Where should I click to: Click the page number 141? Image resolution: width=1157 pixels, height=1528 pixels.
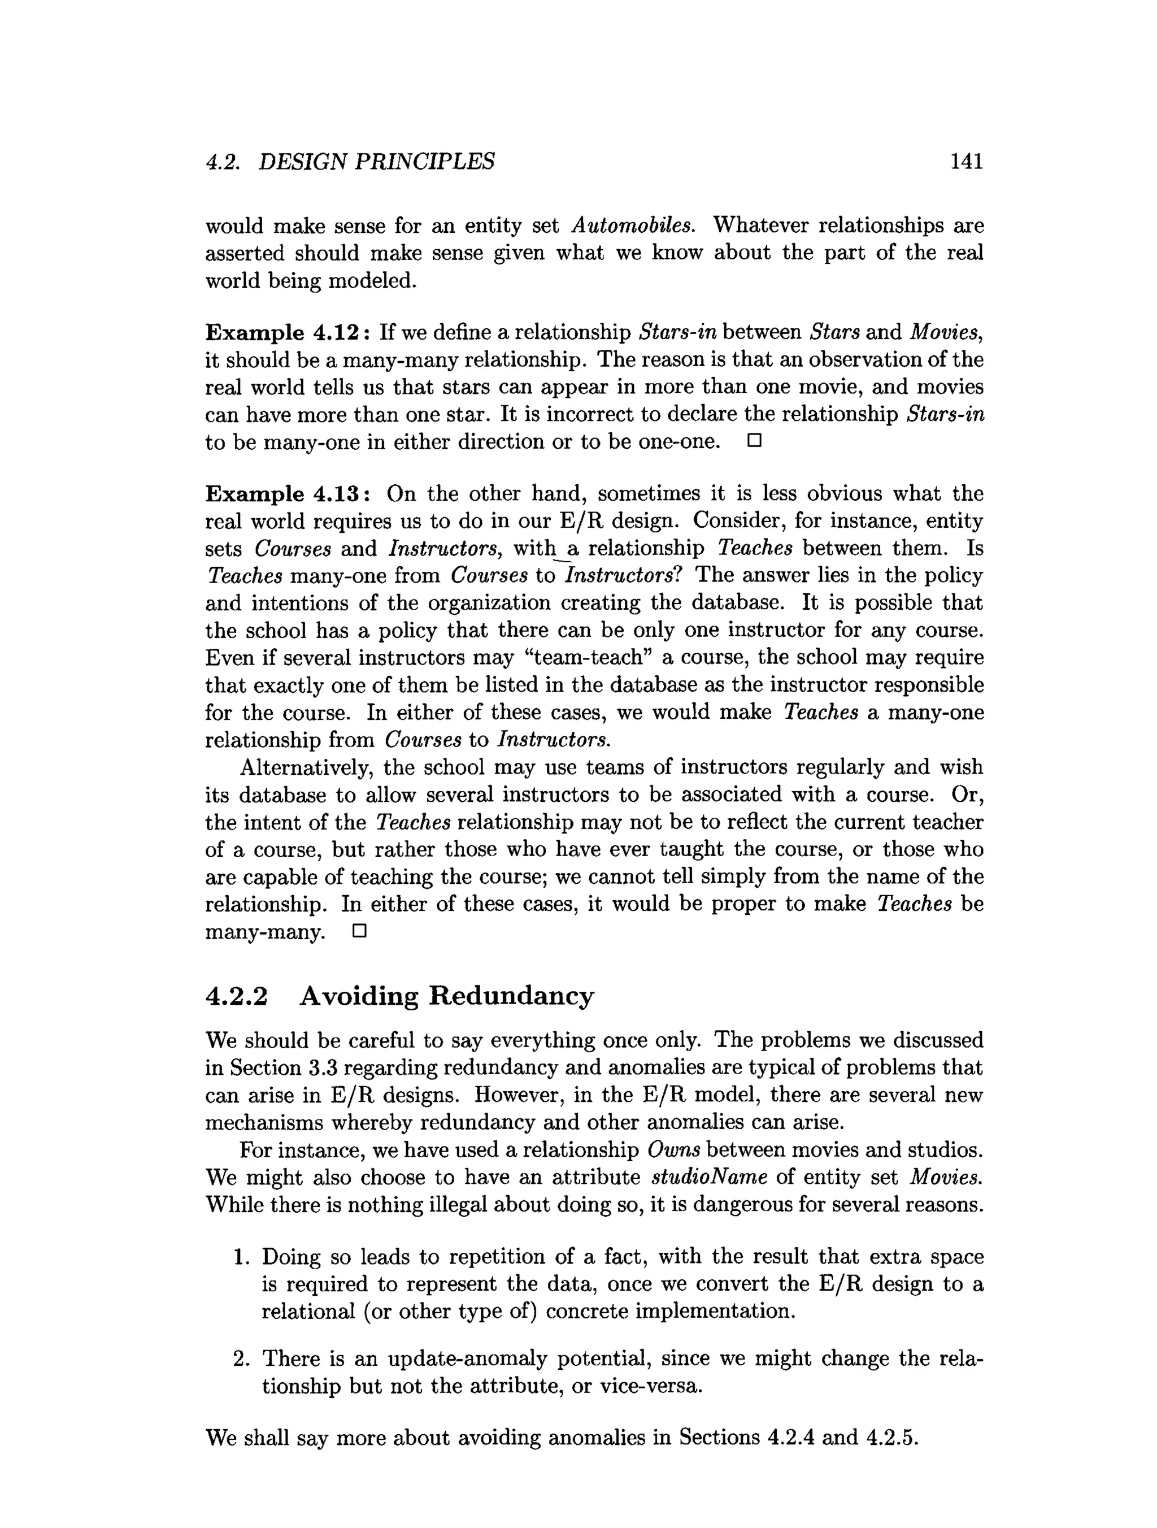pos(965,161)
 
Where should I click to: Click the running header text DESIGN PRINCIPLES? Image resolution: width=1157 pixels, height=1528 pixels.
pos(376,161)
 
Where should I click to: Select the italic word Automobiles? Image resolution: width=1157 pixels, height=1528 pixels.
pos(633,225)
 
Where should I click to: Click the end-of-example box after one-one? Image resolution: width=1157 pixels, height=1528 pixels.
pos(754,441)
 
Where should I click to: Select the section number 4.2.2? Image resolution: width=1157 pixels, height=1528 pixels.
pos(236,996)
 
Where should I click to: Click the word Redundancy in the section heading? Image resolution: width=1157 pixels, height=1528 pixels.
pos(511,996)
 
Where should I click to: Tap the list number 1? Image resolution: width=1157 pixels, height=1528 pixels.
pos(241,1257)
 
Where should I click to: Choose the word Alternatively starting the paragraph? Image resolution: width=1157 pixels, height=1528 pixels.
pos(306,767)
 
